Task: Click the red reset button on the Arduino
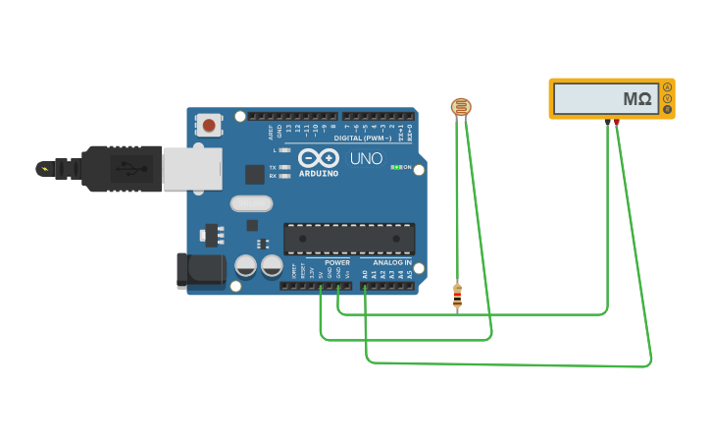209,125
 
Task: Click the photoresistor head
460,106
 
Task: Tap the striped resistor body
457,296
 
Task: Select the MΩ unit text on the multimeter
637,99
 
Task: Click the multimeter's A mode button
668,87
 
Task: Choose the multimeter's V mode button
668,98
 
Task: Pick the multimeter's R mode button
668,109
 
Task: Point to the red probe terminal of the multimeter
616,122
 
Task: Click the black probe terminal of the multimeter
607,122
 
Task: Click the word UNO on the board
366,158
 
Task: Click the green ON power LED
394,167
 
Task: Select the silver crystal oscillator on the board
251,203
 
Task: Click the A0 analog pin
365,286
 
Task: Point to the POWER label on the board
336,262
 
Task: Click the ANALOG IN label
392,262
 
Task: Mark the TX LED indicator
283,167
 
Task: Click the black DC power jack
200,270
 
